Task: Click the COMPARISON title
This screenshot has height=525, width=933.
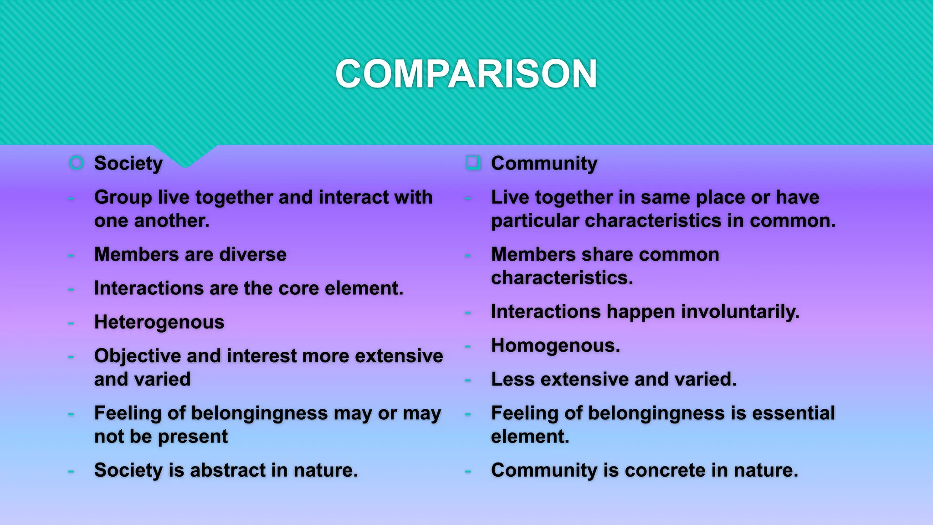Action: pyautogui.click(x=466, y=74)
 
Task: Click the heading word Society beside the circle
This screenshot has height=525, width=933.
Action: pyautogui.click(x=128, y=163)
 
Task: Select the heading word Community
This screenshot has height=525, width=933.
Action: pyautogui.click(x=544, y=163)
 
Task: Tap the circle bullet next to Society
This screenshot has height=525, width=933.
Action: pyautogui.click(x=76, y=163)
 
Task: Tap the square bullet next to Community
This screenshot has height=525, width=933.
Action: pyautogui.click(x=473, y=162)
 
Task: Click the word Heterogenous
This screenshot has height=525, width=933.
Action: pyautogui.click(x=159, y=322)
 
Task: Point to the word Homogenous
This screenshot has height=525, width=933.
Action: pyautogui.click(x=555, y=345)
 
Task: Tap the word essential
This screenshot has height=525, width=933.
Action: pyautogui.click(x=793, y=413)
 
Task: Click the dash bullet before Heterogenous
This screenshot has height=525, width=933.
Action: pyautogui.click(x=71, y=323)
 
